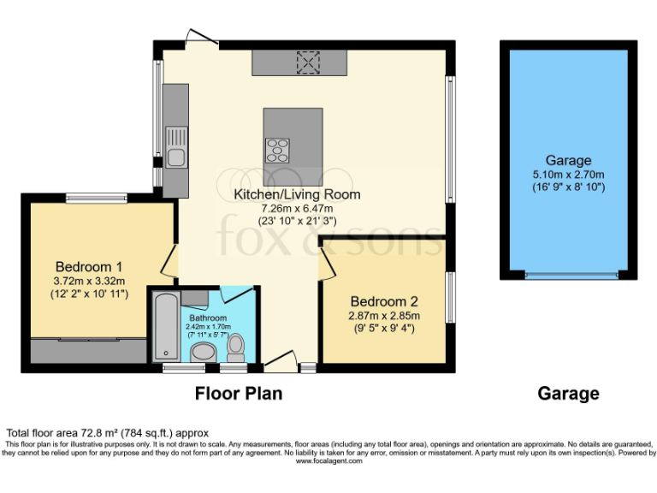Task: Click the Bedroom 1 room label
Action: pyautogui.click(x=90, y=265)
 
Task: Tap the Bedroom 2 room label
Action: pyautogui.click(x=383, y=301)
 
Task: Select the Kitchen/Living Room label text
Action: pyautogui.click(x=297, y=194)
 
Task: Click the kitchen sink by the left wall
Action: pyautogui.click(x=176, y=147)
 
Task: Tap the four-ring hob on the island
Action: pyautogui.click(x=277, y=150)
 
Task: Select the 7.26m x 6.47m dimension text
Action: pyautogui.click(x=297, y=208)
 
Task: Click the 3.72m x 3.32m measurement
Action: pyautogui.click(x=90, y=281)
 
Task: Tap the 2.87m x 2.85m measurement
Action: pyautogui.click(x=383, y=315)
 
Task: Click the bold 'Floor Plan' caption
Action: pyautogui.click(x=238, y=394)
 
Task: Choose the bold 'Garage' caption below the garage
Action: pyautogui.click(x=568, y=394)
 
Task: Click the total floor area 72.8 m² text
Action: pyautogui.click(x=108, y=433)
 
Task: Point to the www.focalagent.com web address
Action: pyautogui.click(x=328, y=461)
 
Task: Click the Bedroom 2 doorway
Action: pyautogui.click(x=328, y=261)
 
